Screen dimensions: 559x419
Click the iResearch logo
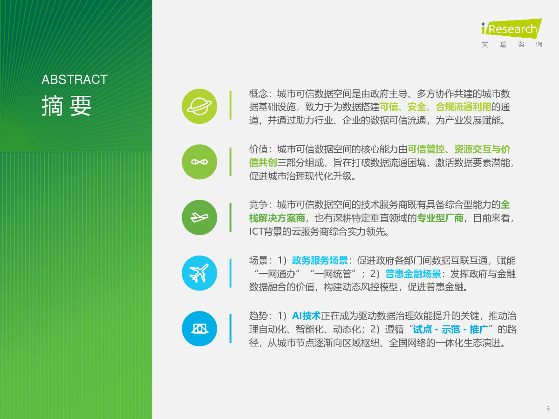click(x=511, y=33)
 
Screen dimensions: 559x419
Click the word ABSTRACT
click(x=75, y=79)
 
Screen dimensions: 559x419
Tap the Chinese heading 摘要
click(x=67, y=106)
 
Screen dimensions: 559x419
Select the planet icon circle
click(x=199, y=106)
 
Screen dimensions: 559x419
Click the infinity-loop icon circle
click(x=199, y=162)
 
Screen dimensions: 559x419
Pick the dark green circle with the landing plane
click(x=199, y=217)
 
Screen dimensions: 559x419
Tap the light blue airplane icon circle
click(x=199, y=273)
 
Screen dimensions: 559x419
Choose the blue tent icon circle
click(x=199, y=329)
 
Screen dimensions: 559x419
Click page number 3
click(x=548, y=409)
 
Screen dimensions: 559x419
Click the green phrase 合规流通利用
click(x=463, y=107)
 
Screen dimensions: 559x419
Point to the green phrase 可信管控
click(x=426, y=149)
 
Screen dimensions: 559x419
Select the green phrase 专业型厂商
click(x=440, y=218)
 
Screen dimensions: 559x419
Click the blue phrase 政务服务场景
click(x=320, y=260)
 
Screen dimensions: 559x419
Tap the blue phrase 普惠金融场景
click(x=413, y=274)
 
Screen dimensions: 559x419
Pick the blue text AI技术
click(x=306, y=316)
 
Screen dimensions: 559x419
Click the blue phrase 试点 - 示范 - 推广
click(x=450, y=329)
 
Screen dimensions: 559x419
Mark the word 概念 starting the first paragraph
click(x=258, y=94)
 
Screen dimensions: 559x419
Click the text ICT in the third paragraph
click(x=256, y=231)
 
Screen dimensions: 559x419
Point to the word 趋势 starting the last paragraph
click(x=258, y=316)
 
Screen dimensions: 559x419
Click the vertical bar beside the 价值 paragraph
click(x=231, y=162)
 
